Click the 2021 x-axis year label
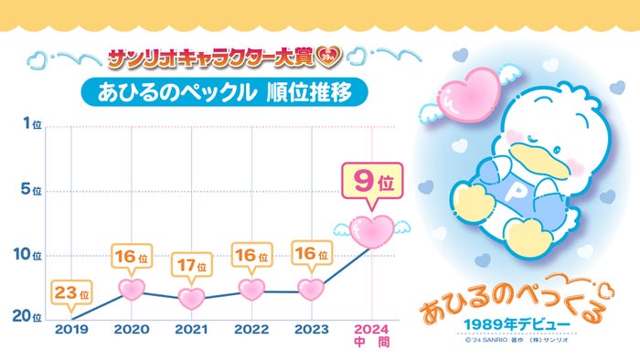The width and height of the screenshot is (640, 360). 192,330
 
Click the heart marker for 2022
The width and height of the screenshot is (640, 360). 251,289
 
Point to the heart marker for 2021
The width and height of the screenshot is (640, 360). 192,298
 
